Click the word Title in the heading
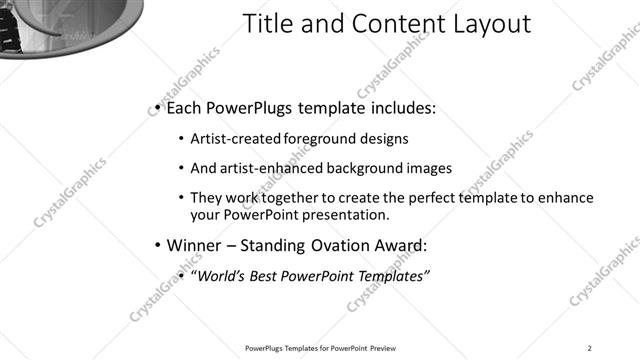268,24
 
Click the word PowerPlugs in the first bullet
247,108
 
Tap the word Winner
192,245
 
